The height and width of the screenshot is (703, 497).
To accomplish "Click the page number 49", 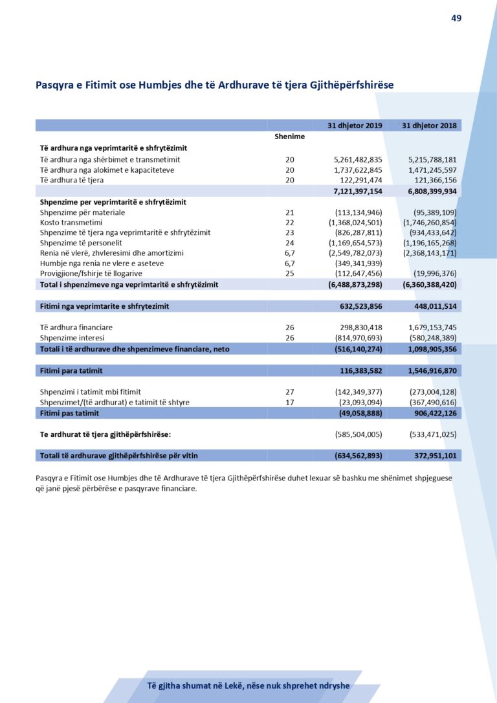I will (456, 18).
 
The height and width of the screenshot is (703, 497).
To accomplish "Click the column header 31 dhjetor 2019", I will (355, 125).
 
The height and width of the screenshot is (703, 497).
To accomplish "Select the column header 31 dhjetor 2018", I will (429, 125).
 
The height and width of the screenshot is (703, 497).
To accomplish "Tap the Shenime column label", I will (289, 137).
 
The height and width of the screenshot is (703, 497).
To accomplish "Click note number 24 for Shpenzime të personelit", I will (289, 243).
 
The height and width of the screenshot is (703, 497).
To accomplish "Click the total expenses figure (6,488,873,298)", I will (355, 284).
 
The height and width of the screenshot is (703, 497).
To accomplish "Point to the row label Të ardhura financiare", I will (76, 328).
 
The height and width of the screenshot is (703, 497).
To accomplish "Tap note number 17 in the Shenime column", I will (289, 402).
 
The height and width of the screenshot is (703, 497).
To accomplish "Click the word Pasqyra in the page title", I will (54, 85).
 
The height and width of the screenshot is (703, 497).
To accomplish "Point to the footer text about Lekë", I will (248, 686).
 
